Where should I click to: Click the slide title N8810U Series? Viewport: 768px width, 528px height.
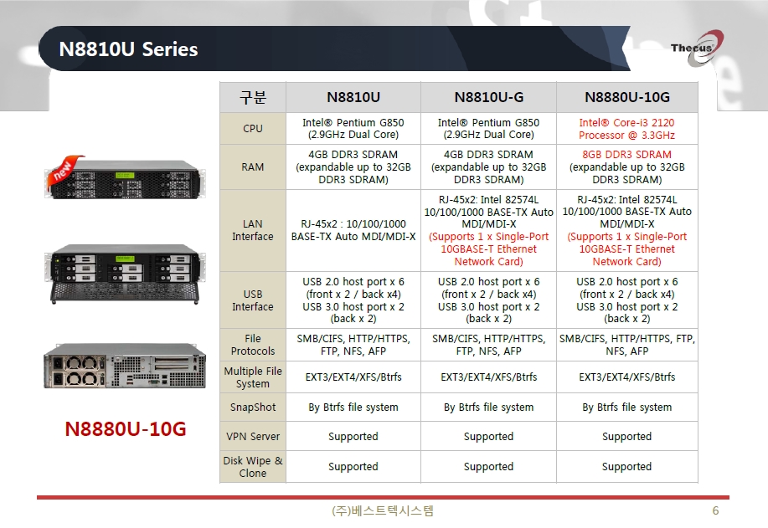click(128, 49)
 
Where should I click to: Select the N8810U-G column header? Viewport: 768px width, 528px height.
click(489, 97)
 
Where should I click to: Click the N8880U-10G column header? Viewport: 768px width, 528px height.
click(627, 97)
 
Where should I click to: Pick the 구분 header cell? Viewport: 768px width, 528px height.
click(253, 97)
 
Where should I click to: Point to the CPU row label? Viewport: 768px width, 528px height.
click(253, 128)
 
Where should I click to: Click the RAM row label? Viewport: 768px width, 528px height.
click(253, 167)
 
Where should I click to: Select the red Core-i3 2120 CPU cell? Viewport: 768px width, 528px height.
click(627, 129)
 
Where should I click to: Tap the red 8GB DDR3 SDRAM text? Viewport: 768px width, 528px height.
click(627, 154)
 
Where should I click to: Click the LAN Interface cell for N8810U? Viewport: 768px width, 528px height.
click(353, 230)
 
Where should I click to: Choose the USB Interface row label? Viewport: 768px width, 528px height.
click(253, 300)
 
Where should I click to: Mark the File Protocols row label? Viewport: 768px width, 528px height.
click(253, 345)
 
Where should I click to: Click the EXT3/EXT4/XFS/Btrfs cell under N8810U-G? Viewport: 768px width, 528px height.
click(489, 377)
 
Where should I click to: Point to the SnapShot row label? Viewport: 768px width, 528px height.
click(253, 408)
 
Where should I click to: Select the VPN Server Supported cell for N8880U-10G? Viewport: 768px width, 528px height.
click(627, 436)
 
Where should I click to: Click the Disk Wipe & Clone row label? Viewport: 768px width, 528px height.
click(253, 466)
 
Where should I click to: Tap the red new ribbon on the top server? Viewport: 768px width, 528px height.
click(64, 171)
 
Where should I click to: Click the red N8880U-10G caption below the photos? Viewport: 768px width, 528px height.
click(126, 428)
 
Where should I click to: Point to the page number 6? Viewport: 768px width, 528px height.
click(715, 511)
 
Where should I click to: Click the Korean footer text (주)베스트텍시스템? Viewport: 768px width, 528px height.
click(383, 511)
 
